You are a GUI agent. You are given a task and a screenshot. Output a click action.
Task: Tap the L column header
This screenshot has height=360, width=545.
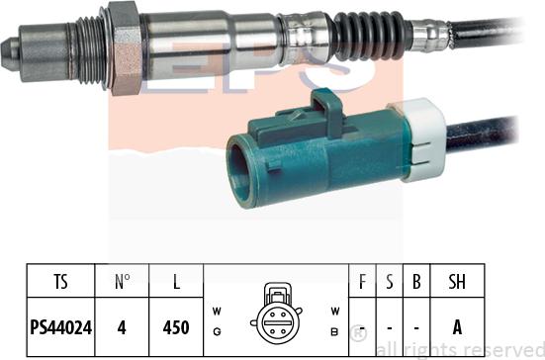tap(176, 282)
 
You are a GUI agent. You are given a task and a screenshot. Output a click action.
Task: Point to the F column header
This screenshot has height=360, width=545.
tap(362, 282)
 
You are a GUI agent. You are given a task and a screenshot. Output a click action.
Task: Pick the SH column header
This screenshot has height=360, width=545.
tap(458, 282)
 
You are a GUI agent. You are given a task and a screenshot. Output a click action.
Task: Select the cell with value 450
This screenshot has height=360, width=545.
tap(176, 322)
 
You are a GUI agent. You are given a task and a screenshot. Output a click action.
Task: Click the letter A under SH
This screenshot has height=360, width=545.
tap(458, 322)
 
